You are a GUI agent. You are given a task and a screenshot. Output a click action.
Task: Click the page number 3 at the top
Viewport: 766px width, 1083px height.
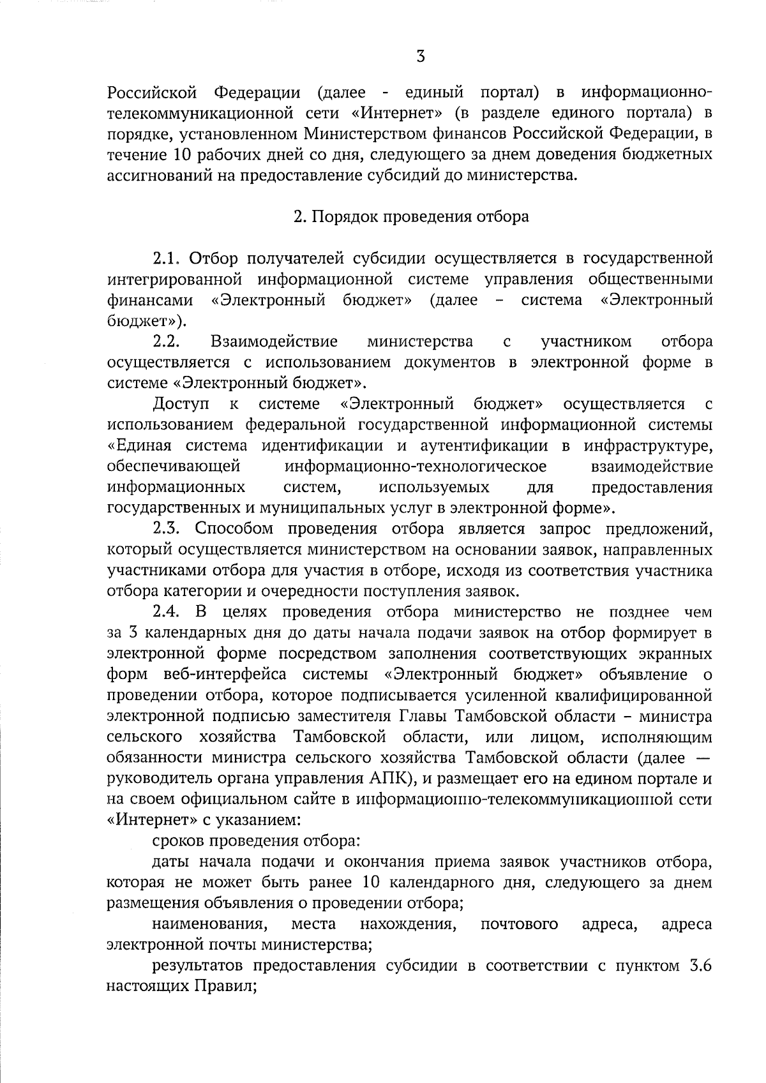(420, 57)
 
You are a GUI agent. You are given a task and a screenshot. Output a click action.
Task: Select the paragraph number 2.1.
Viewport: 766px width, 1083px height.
(168, 258)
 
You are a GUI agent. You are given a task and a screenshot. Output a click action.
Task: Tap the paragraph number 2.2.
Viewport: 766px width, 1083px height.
(168, 341)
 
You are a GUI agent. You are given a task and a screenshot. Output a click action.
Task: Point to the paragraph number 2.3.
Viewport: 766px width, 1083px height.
(168, 528)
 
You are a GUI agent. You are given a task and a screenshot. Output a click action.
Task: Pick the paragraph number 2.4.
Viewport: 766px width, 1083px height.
(168, 612)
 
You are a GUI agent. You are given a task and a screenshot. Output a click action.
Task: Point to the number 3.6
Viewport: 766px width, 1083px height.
(700, 966)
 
